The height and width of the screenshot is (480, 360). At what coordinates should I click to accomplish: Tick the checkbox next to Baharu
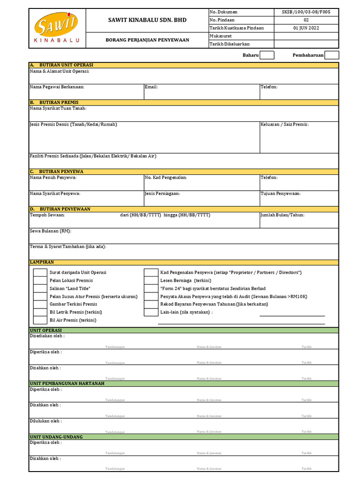267,55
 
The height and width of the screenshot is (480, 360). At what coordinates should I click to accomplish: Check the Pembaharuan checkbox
332,55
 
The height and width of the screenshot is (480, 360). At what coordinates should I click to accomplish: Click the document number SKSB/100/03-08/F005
306,12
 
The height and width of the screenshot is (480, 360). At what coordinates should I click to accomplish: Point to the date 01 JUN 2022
306,28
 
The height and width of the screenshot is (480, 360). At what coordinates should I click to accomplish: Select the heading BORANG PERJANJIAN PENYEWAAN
147,40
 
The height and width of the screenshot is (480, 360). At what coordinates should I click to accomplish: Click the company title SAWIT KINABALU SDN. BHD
147,20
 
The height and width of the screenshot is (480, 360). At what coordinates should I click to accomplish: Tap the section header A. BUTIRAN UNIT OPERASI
61,65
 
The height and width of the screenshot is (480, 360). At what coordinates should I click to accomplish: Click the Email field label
151,87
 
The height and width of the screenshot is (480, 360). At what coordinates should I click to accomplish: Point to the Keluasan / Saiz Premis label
285,124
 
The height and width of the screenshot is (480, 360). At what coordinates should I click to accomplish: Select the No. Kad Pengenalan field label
166,178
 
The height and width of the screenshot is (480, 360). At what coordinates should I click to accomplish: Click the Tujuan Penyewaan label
281,193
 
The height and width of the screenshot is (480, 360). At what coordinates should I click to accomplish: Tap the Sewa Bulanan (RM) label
51,231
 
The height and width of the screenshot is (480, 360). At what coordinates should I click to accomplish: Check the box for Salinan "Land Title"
40,288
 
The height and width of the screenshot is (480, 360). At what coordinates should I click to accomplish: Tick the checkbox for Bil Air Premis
40,320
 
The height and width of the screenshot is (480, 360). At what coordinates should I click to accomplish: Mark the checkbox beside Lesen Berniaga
151,280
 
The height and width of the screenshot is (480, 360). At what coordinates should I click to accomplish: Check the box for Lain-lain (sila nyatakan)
151,312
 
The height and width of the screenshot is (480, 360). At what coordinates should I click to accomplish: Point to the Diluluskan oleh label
46,421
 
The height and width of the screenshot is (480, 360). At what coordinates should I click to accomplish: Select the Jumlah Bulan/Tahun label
283,215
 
